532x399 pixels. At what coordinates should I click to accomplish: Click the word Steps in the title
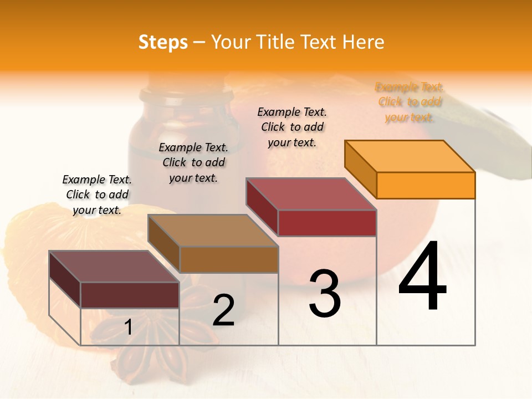click(163, 42)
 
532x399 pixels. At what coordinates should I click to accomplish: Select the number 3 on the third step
click(324, 294)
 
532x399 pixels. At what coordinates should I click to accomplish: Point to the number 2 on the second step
click(223, 310)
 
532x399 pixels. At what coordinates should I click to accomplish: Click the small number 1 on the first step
click(128, 328)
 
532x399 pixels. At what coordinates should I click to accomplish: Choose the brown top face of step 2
click(213, 231)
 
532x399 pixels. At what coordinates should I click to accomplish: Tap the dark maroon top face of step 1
click(114, 267)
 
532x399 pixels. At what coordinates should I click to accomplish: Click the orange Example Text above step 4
click(409, 102)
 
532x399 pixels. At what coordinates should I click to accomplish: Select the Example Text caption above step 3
click(292, 127)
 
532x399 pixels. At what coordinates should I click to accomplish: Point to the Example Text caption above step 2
click(193, 162)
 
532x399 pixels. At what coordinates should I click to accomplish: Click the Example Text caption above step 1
click(97, 195)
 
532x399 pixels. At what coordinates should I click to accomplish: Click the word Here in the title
click(365, 42)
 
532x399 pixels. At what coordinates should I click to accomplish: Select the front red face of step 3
click(327, 223)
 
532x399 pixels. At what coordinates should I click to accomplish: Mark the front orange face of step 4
click(426, 185)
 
